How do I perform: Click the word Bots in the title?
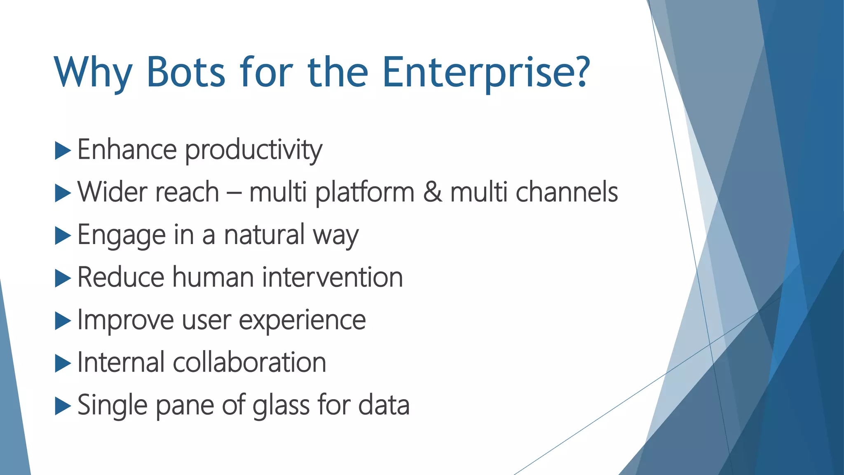click(185, 73)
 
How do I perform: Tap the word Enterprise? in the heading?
click(486, 73)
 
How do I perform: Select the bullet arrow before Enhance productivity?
click(63, 150)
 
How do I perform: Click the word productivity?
click(253, 150)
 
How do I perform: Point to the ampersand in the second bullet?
click(433, 193)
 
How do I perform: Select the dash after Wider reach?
click(234, 193)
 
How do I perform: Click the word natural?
click(264, 235)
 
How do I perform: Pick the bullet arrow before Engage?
click(63, 236)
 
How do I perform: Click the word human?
click(213, 277)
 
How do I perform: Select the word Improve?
click(126, 321)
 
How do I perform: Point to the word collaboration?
click(249, 363)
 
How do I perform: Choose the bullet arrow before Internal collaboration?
click(63, 364)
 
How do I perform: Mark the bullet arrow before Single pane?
click(63, 406)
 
